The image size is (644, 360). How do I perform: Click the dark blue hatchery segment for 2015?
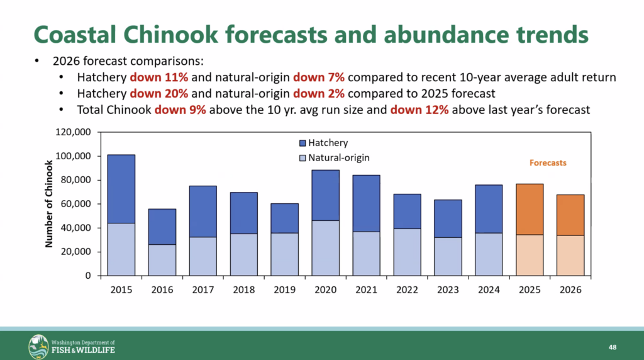121,189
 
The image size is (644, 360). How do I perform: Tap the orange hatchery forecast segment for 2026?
571,215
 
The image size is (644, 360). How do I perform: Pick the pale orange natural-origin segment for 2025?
530,255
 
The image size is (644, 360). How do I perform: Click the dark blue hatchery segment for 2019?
285,218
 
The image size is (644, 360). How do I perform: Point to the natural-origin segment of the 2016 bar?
162,260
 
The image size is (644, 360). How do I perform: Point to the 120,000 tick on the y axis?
74,132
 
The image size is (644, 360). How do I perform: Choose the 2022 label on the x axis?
407,290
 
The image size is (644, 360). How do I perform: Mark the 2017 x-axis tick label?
203,290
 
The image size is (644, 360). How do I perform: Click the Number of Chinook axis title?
48,203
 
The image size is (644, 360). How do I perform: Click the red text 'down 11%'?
153,79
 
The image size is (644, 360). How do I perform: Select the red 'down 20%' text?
153,94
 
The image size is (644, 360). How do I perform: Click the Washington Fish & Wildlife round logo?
38,346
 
